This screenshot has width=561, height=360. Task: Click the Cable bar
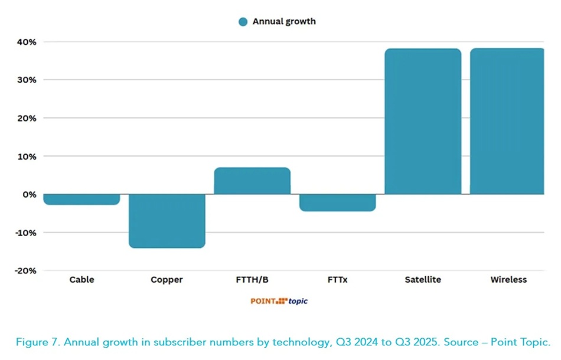coord(81,199)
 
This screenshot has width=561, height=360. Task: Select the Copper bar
coord(167,221)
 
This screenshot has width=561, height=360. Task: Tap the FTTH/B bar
coord(252,181)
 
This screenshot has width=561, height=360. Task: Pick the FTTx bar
coord(337,202)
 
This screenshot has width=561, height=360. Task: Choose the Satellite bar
coord(423,122)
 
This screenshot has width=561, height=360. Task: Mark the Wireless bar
coord(507,122)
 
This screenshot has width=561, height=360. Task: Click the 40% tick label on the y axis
coord(27,42)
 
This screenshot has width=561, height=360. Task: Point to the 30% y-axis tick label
coord(27,80)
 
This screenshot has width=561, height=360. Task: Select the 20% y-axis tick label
coord(27,118)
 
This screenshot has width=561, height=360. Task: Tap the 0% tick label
coord(29,194)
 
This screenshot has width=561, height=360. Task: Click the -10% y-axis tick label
coord(25,233)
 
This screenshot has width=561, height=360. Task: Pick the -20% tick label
coord(25,270)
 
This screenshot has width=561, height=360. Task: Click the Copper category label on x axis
coord(167,280)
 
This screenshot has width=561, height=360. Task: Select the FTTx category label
coord(337,280)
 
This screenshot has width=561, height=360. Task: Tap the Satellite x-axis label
coord(423,280)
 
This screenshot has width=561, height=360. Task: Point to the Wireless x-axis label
coord(508,280)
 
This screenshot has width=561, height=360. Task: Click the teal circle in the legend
coord(243,22)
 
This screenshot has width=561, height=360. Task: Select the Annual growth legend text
coord(284,22)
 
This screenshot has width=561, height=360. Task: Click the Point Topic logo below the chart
coord(279,301)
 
